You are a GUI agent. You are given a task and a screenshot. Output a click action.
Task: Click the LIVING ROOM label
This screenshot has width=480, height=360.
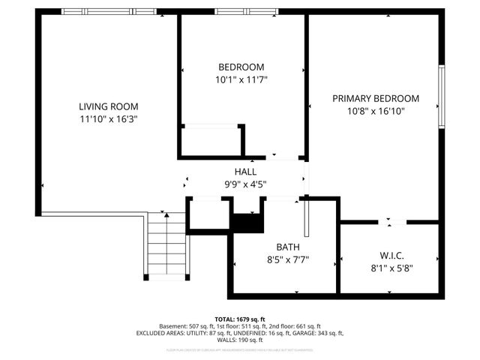[x=109, y=106]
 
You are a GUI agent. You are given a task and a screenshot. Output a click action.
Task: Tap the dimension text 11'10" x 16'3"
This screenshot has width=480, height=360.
[x=109, y=118]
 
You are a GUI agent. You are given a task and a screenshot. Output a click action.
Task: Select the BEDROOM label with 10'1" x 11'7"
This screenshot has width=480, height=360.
[x=241, y=67]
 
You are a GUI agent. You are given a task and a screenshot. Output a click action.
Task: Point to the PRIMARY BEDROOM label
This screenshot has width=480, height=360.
[x=376, y=98]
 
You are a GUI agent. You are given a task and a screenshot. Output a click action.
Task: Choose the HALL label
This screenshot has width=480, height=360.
[x=245, y=172]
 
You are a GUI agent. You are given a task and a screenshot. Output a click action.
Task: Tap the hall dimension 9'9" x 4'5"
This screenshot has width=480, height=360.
[x=245, y=184]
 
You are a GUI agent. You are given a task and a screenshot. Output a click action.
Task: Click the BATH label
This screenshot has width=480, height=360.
[x=288, y=247]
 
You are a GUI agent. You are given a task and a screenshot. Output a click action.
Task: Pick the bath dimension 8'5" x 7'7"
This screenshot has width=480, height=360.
[x=288, y=259]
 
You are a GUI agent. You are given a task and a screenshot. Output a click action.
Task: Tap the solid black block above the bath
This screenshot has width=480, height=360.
[x=246, y=223]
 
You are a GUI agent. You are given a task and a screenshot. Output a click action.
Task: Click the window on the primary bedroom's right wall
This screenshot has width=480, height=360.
[x=442, y=97]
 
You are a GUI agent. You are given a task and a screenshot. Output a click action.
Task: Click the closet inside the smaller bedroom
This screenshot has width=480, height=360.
[x=211, y=140]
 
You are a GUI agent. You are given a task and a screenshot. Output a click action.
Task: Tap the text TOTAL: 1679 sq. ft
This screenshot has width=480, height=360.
[x=240, y=318]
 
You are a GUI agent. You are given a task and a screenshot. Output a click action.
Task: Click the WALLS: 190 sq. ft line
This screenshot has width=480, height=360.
[x=240, y=340]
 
